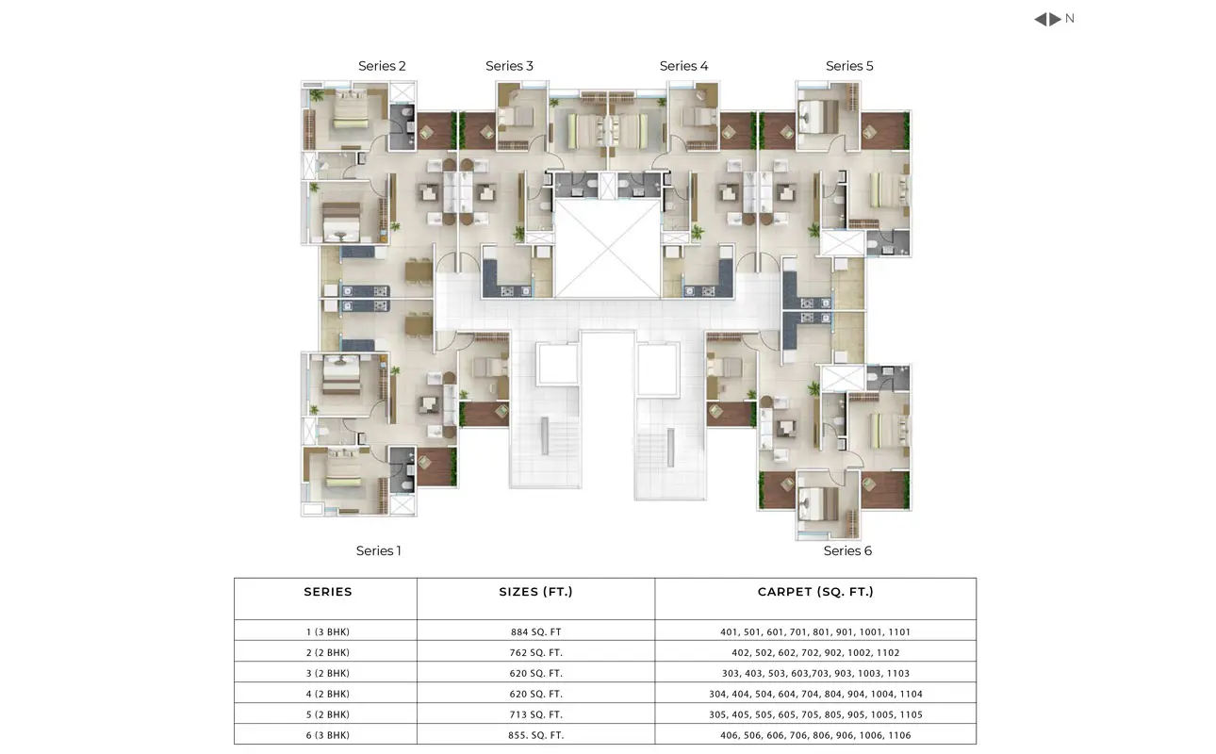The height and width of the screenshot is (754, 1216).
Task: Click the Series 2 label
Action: [x=382, y=66]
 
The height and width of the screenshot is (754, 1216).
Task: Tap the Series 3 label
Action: [x=509, y=66]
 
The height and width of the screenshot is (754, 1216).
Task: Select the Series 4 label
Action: [x=683, y=66]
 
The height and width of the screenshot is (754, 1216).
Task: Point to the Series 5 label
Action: [x=849, y=66]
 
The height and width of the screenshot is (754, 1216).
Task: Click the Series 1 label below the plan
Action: [x=378, y=550]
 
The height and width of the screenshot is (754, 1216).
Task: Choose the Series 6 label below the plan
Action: [x=847, y=550]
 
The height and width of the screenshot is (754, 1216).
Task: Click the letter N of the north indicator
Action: [x=1070, y=19]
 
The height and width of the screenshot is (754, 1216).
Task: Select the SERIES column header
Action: [x=328, y=592]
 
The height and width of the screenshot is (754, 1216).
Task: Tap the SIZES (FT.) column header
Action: [x=535, y=592]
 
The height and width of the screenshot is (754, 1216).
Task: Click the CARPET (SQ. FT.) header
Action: [x=815, y=592]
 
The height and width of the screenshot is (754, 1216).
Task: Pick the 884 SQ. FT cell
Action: [x=535, y=631]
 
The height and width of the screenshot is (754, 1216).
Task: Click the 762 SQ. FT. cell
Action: [x=535, y=652]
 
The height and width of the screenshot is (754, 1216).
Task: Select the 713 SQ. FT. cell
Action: [x=535, y=714]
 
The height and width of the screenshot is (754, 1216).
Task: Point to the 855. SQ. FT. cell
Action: [x=535, y=735]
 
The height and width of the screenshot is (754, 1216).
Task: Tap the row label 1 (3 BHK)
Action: [x=328, y=631]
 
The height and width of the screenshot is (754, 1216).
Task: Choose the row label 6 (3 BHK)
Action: [x=328, y=735]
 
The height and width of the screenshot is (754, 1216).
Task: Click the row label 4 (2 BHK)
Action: [x=328, y=694]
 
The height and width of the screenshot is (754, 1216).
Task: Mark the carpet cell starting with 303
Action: [x=815, y=673]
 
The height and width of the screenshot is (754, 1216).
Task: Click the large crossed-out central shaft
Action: [x=607, y=249]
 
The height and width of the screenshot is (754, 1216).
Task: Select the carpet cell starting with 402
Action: [x=815, y=652]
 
